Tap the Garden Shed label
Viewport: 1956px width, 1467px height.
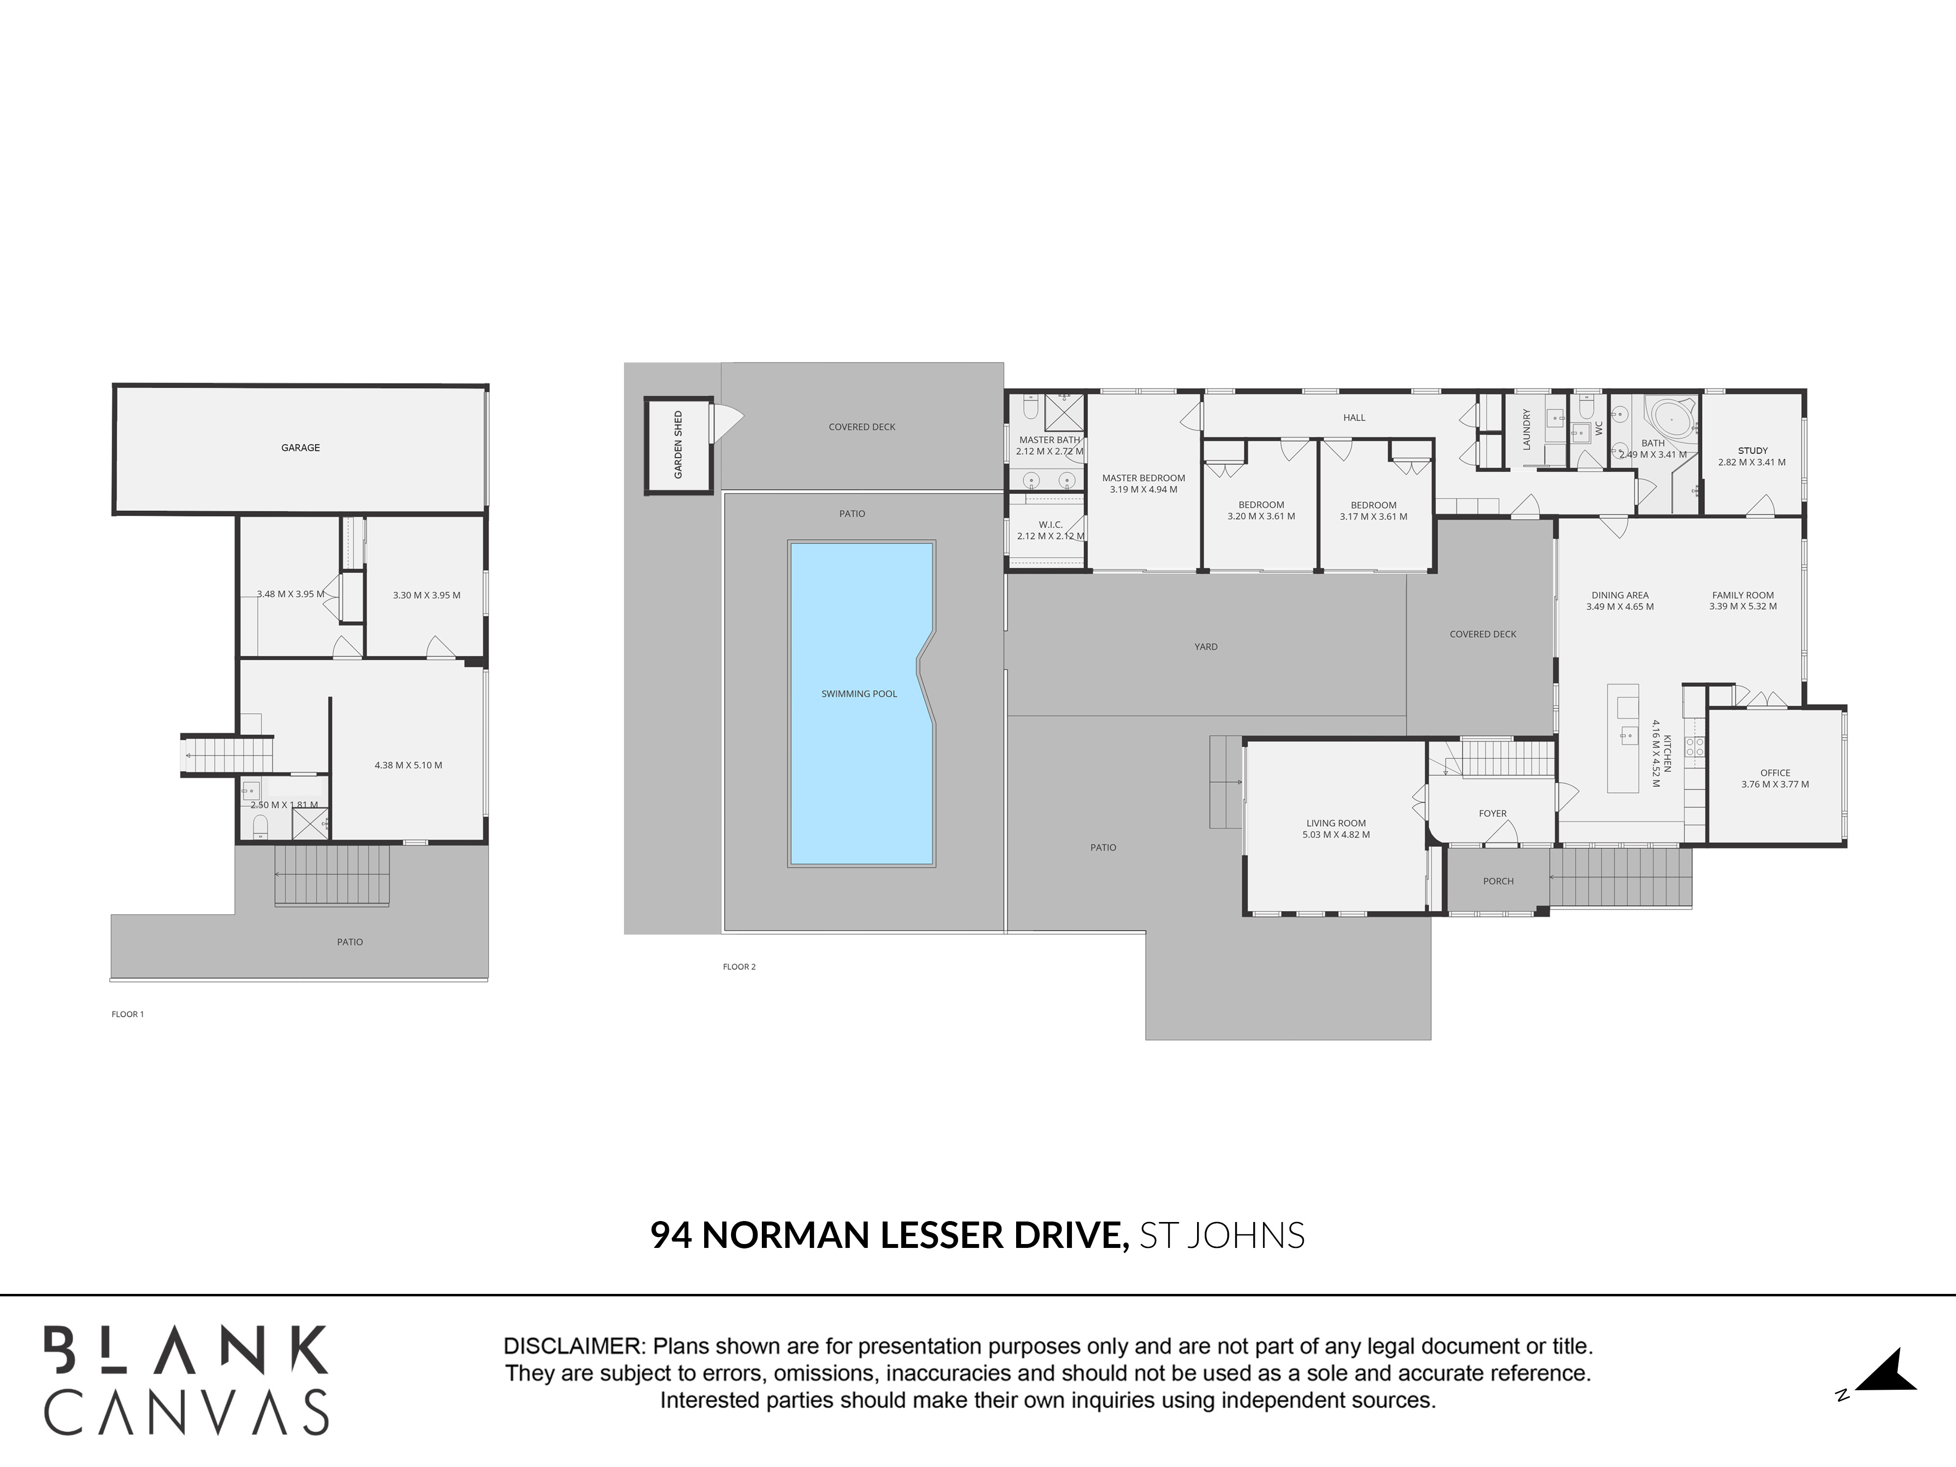coord(678,445)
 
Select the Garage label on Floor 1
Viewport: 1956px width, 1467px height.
coord(301,447)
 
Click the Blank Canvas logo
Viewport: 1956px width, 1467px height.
coord(187,1379)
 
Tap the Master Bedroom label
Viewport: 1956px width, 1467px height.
coord(1143,478)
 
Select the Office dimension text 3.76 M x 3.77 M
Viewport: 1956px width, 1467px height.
coord(1775,784)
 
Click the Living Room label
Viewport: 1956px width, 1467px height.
coord(1335,823)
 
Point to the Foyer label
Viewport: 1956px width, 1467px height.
coord(1492,814)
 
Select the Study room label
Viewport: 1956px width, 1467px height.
coord(1753,451)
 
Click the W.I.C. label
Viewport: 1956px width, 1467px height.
coord(1050,524)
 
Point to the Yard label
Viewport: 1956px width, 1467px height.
coord(1206,646)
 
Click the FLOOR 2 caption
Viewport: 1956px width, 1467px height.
coord(739,966)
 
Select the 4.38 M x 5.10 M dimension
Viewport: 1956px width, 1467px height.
coord(408,765)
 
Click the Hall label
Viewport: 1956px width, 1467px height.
coord(1354,418)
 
